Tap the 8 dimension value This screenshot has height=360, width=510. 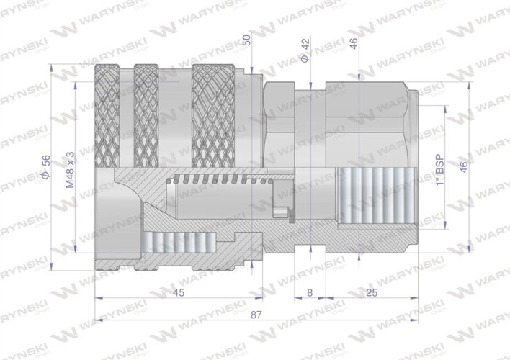click(x=310, y=292)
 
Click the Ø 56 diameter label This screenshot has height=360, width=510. click(x=46, y=167)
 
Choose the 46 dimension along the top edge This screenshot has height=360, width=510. click(x=354, y=42)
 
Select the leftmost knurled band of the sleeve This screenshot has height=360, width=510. click(x=108, y=115)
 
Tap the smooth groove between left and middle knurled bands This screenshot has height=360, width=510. click(x=126, y=115)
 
